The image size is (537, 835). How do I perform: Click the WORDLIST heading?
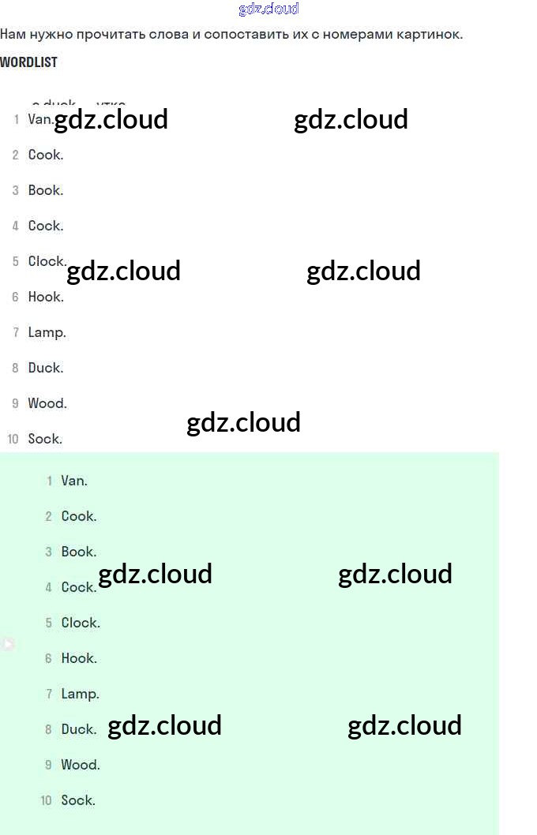[x=28, y=62]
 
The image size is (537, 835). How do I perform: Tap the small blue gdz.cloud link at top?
[x=268, y=9]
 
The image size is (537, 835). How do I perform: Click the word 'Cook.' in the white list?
[x=46, y=155]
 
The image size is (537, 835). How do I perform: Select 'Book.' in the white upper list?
[x=46, y=191]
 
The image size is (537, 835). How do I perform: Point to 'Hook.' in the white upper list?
[x=46, y=298]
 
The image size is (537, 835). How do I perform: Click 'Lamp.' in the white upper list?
[x=47, y=333]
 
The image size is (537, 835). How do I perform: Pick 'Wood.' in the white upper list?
[x=47, y=404]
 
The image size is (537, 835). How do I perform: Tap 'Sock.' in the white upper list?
[x=45, y=440]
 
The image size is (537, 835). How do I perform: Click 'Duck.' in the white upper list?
[x=46, y=369]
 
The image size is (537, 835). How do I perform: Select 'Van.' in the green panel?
[x=74, y=481]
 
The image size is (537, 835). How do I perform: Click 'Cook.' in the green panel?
[x=79, y=517]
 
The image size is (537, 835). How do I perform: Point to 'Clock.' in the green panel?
[x=81, y=623]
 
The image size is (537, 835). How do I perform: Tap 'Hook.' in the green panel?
[x=79, y=659]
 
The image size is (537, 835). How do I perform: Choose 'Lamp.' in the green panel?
[x=80, y=695]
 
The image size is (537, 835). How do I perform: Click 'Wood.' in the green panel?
[x=81, y=766]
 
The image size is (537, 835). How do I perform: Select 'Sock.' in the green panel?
[x=78, y=801]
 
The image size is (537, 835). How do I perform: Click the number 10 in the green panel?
[x=46, y=801]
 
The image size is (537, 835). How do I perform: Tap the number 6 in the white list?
[x=15, y=298]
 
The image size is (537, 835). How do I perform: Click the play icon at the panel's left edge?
[x=7, y=644]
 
